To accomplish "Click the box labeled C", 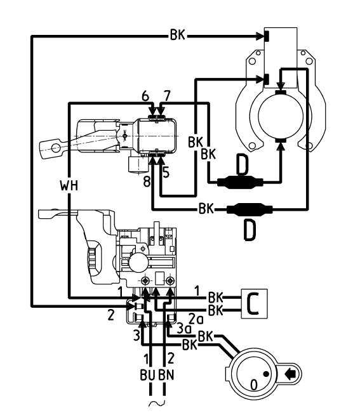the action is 254,303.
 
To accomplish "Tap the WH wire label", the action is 69,185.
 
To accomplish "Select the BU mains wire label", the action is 147,375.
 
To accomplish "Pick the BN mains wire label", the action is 166,375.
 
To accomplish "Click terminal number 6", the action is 145,96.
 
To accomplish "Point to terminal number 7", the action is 167,96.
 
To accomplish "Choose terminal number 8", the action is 147,182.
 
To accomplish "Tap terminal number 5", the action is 166,173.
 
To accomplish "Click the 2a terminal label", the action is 196,319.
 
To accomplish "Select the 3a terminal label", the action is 184,329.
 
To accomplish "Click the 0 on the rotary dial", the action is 254,385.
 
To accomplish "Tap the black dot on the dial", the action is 266,374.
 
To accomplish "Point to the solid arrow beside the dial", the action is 290,374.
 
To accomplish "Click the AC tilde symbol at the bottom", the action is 157,404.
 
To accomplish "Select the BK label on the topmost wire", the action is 178,34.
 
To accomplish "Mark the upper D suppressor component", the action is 240,182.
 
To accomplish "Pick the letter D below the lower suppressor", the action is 250,231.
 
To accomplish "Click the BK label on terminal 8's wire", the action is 206,209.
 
